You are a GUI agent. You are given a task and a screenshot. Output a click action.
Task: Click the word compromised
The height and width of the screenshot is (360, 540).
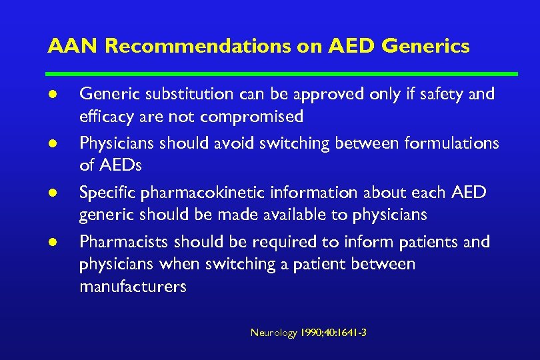tap(252, 117)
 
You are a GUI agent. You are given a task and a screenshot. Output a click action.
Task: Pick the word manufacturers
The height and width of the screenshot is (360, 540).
tap(133, 287)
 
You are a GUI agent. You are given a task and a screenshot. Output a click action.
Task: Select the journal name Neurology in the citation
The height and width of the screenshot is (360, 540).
tap(273, 333)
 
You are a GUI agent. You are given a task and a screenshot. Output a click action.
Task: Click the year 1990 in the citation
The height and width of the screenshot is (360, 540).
tap(311, 333)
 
